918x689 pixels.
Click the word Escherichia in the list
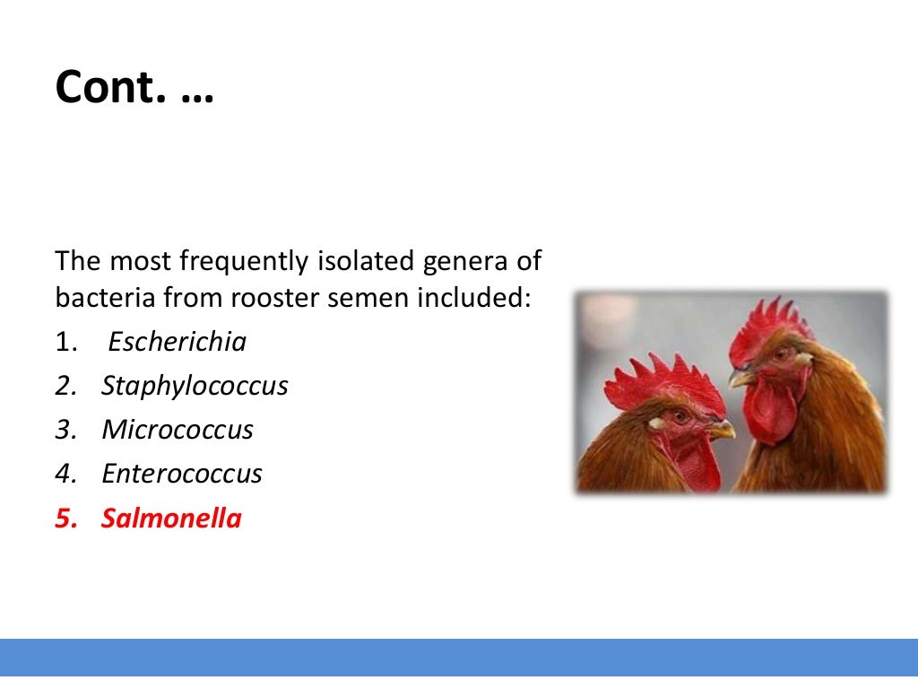[x=177, y=342]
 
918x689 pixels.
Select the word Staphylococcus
[x=195, y=386]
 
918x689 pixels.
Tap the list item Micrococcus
[x=178, y=430]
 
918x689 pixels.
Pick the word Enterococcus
[x=182, y=474]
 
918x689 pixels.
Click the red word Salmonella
[x=171, y=519]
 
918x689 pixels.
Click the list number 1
[x=62, y=342]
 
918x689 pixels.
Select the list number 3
[x=62, y=430]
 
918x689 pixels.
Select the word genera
[x=478, y=262]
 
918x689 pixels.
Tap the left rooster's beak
[x=720, y=432]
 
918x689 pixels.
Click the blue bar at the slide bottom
[x=459, y=658]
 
